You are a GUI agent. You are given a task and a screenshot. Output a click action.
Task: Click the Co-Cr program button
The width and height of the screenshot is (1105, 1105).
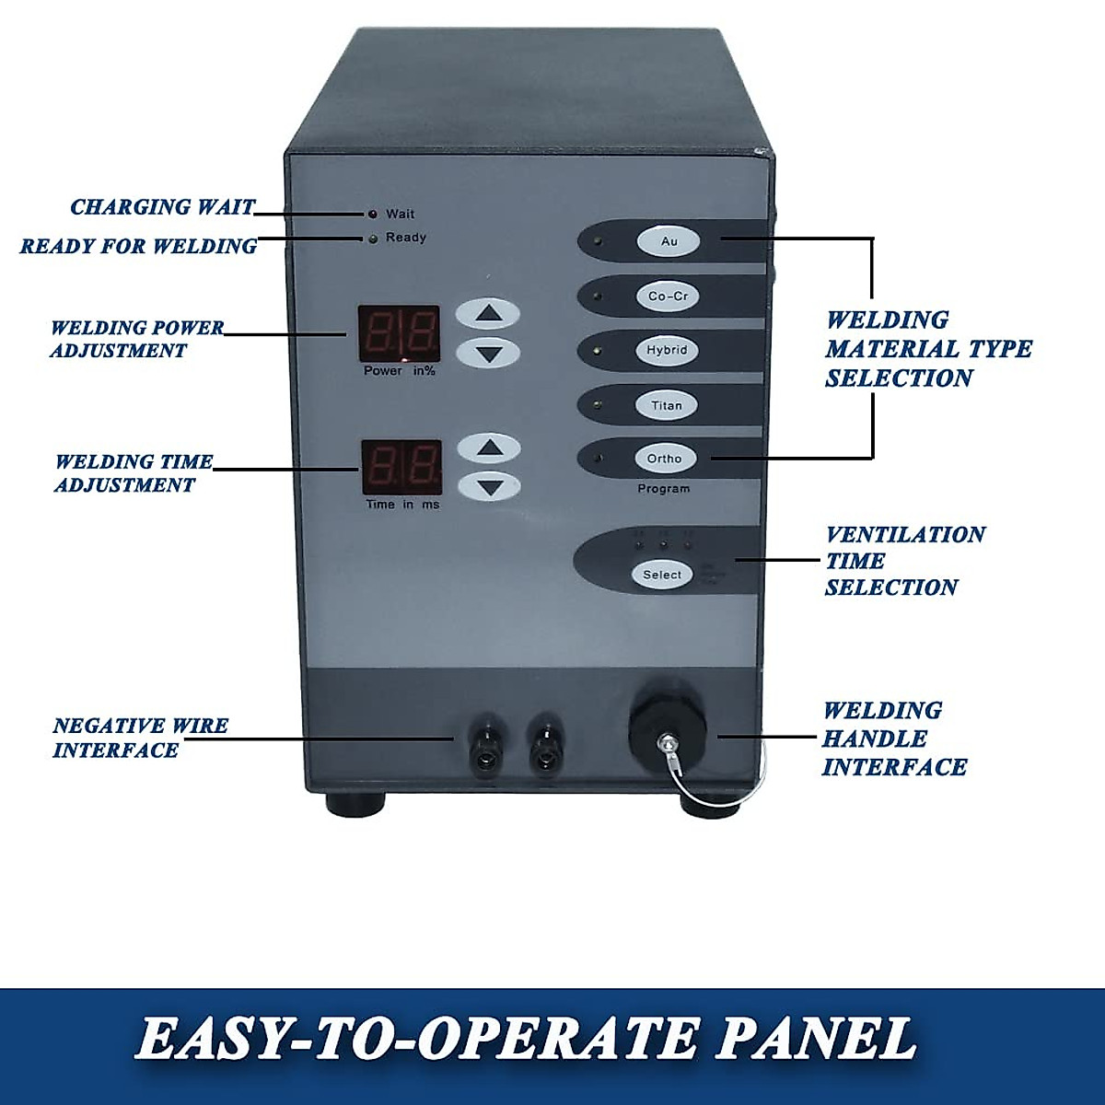coord(668,297)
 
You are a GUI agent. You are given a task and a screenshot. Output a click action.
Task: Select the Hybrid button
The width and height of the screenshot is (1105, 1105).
coord(667,351)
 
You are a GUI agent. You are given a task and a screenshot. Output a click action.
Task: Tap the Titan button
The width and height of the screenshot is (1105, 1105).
coord(667,405)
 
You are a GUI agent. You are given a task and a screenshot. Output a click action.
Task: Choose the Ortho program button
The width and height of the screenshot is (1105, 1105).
coord(665,459)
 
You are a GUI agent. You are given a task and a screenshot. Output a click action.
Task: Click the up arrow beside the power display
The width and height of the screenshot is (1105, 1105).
coord(489,314)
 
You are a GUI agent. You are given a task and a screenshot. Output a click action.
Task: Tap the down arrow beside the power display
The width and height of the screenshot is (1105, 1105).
coord(489,353)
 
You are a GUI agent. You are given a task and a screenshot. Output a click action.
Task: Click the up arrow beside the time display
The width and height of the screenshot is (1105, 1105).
coord(489,448)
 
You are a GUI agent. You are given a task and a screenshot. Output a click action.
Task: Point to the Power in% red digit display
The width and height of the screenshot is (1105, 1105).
coord(399,333)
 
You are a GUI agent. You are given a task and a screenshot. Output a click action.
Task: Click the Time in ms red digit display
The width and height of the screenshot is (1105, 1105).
coord(401,468)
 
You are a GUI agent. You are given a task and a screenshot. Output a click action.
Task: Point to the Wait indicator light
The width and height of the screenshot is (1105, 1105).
coord(373,215)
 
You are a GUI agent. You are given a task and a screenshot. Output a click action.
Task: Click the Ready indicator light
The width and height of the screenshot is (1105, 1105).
coord(373,239)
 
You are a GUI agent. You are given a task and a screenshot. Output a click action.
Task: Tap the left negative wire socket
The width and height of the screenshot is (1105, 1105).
coord(485,743)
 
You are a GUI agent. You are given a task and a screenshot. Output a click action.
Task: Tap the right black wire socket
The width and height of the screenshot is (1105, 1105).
coord(546,743)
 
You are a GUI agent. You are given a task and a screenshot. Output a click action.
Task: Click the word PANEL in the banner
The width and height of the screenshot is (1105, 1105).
coord(815,1040)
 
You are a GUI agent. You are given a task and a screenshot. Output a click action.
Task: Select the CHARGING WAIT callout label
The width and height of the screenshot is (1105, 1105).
coord(163,207)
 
